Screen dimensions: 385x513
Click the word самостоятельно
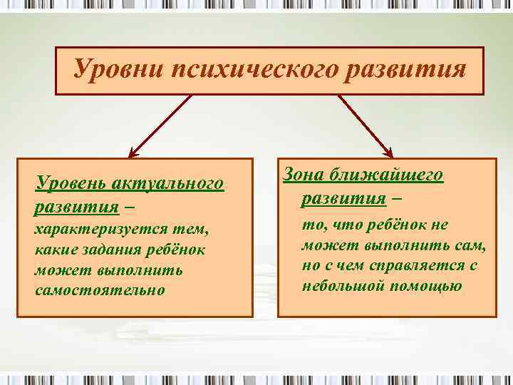pos(99,290)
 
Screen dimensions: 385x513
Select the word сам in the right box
pos(472,245)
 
